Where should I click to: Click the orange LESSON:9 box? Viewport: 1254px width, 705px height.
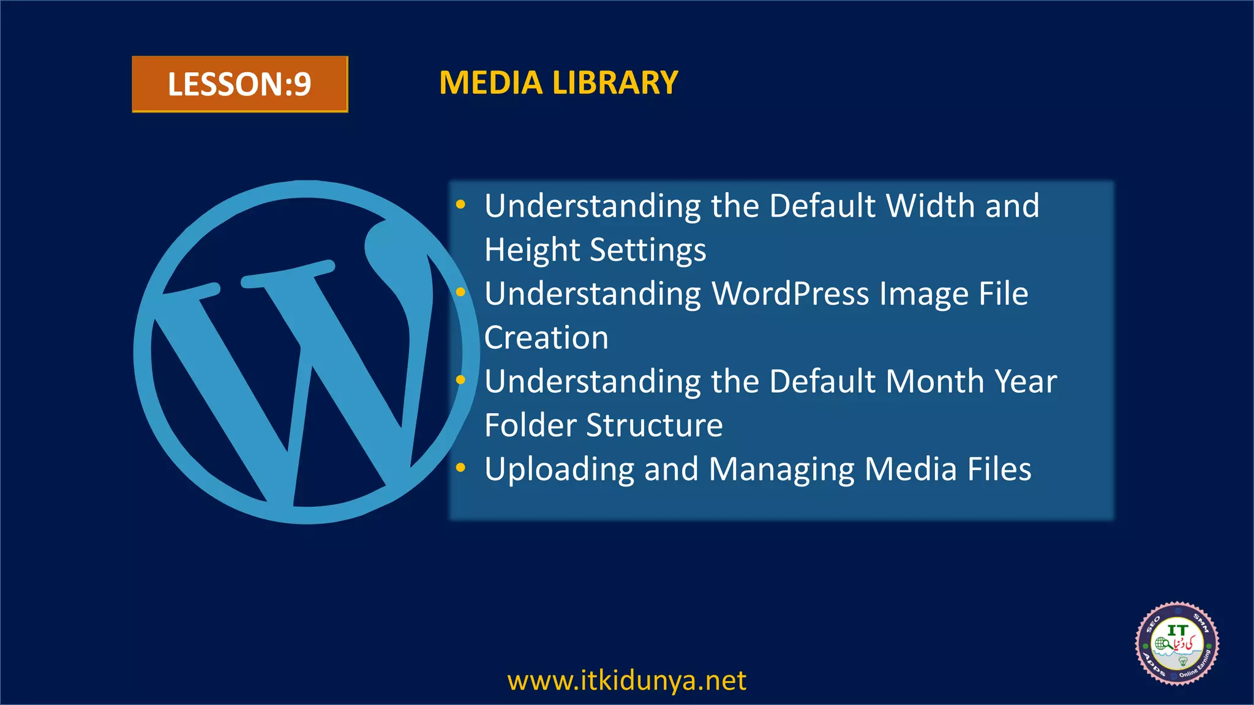tap(239, 84)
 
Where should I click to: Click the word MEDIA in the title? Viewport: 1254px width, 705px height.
tap(490, 83)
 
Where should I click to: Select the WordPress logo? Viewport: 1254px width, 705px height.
tap(306, 352)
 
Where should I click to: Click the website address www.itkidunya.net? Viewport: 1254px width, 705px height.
tap(627, 681)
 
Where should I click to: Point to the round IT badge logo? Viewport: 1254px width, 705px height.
tap(1177, 643)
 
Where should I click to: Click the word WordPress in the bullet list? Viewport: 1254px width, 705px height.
tap(790, 294)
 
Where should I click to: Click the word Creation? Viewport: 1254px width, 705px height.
tap(546, 338)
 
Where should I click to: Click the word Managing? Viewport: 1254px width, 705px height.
tap(781, 469)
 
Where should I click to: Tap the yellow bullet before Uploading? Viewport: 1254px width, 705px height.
tap(461, 468)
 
